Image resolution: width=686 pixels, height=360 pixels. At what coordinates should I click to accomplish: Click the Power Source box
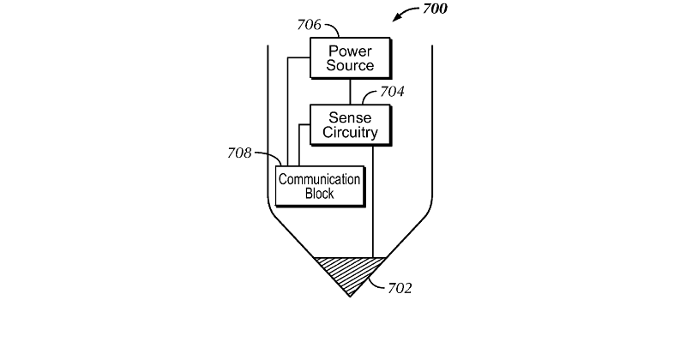(x=350, y=58)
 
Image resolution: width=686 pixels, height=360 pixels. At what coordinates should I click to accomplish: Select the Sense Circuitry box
(x=350, y=124)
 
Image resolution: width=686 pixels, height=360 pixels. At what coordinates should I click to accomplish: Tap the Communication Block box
(x=319, y=186)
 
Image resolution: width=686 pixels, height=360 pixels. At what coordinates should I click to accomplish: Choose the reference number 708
(x=238, y=153)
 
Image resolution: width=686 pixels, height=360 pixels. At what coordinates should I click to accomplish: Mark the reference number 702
(x=399, y=288)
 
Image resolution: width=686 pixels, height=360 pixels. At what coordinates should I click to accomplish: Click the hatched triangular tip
(x=349, y=271)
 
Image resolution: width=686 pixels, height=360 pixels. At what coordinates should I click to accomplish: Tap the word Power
(x=350, y=51)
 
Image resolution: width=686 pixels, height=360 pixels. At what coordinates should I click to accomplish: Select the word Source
(x=350, y=66)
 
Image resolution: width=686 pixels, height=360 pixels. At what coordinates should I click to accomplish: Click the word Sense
(x=350, y=117)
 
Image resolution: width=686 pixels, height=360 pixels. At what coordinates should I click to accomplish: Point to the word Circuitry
(x=350, y=133)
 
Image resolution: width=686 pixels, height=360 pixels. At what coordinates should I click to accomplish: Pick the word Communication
(x=319, y=179)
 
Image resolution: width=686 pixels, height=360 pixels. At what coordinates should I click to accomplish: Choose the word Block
(x=319, y=194)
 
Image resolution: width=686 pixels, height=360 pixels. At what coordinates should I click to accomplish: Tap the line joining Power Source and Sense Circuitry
(x=350, y=92)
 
